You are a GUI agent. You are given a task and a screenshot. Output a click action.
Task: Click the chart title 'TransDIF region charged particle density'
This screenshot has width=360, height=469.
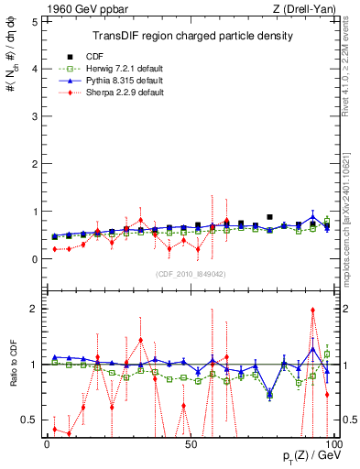[x=192, y=36]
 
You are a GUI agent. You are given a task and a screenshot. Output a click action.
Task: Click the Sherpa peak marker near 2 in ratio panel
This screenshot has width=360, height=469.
[x=313, y=311]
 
